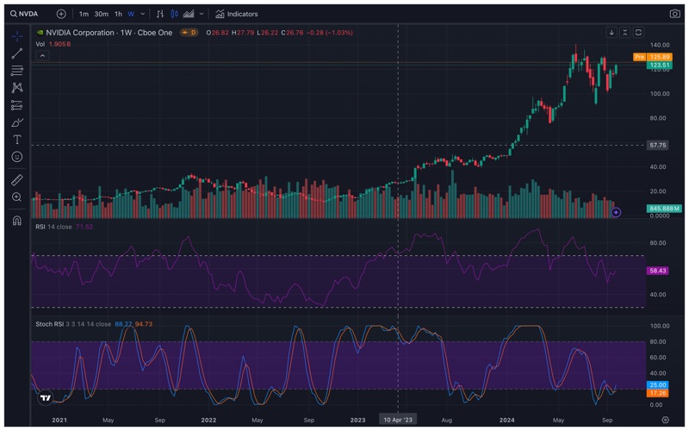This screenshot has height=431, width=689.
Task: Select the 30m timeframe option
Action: (101, 14)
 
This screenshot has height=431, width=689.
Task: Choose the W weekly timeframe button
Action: (131, 14)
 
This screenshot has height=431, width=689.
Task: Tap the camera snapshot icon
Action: (674, 14)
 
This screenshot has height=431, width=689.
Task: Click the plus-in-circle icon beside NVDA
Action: (61, 14)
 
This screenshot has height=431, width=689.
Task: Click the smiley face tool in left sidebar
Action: (16, 157)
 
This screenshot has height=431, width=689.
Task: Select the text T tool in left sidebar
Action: (16, 140)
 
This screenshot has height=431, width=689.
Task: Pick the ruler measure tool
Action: (16, 180)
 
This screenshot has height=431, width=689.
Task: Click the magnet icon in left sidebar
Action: (16, 221)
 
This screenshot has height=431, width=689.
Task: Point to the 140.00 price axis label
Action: (660, 44)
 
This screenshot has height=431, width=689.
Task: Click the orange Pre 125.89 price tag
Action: (658, 57)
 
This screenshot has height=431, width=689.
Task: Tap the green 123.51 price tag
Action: (660, 65)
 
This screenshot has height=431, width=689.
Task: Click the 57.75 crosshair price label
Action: (658, 145)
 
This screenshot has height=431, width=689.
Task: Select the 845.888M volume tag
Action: (664, 209)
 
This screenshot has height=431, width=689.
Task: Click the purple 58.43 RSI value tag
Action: (658, 271)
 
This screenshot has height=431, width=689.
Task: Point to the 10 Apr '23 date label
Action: (397, 419)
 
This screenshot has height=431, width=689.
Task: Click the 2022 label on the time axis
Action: (208, 419)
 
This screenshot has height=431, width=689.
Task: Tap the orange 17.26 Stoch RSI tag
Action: (658, 392)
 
